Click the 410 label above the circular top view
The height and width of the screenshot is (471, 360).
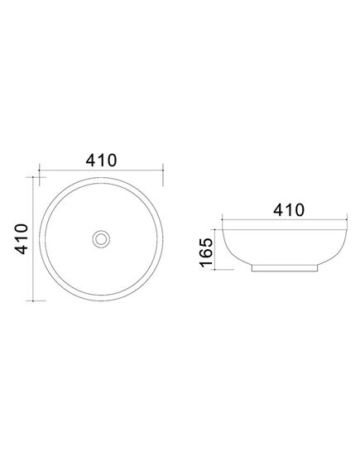click(x=101, y=161)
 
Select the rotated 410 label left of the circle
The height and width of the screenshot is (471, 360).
click(x=22, y=238)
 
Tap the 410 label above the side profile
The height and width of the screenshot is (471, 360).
click(x=289, y=210)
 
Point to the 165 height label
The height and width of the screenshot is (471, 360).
click(x=206, y=252)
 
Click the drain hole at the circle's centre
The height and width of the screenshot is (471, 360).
click(x=101, y=239)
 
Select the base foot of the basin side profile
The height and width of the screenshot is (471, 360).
click(x=284, y=268)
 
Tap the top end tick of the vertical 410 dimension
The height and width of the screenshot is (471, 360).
click(x=33, y=177)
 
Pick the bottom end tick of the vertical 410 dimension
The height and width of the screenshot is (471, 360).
click(x=33, y=300)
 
